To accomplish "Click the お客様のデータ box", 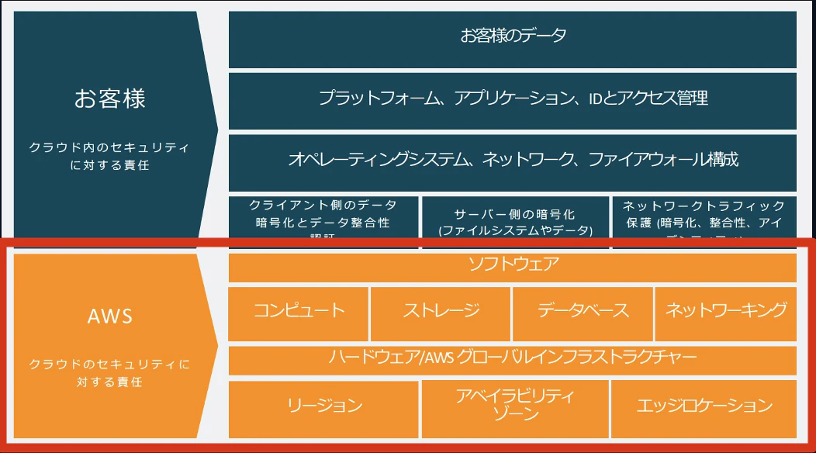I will (x=513, y=36).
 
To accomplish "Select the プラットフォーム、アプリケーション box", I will (x=513, y=99).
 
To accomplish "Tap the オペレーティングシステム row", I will (x=513, y=160).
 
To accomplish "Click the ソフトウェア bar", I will (x=513, y=265).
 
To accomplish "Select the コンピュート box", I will (x=299, y=311).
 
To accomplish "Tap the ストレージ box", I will (x=441, y=311).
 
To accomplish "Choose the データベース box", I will (x=583, y=311).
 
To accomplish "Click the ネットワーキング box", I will (x=726, y=311).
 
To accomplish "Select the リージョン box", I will (x=324, y=406).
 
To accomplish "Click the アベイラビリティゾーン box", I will (x=515, y=406).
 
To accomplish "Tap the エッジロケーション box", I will (x=704, y=406).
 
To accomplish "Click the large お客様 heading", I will (x=109, y=99).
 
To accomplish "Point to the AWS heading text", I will (x=109, y=316).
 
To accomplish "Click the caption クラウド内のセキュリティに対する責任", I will (x=109, y=155).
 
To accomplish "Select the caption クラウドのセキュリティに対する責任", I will (x=109, y=372).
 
